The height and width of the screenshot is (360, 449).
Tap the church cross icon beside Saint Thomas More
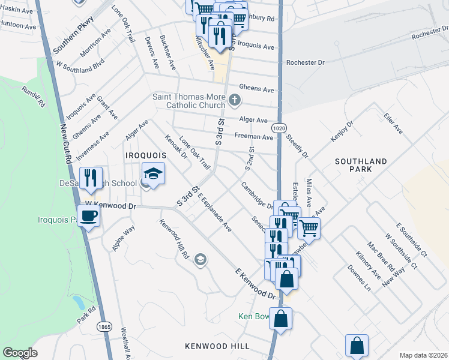(235, 99)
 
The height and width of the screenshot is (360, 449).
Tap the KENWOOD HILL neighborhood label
(218, 346)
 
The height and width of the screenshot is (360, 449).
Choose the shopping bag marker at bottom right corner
(357, 345)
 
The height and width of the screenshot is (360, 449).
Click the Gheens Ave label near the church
(256, 89)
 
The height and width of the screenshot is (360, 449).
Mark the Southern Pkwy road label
(74, 35)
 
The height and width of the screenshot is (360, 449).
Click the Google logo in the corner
(20, 353)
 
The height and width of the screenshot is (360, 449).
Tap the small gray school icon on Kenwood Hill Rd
(200, 259)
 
